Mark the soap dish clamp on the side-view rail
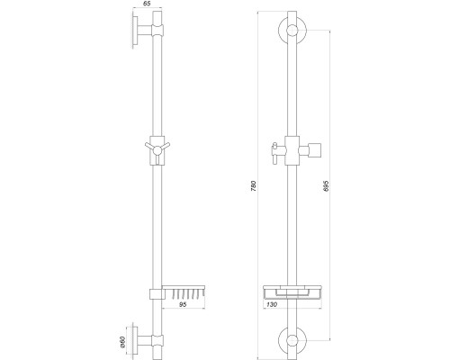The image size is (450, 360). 156,292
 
